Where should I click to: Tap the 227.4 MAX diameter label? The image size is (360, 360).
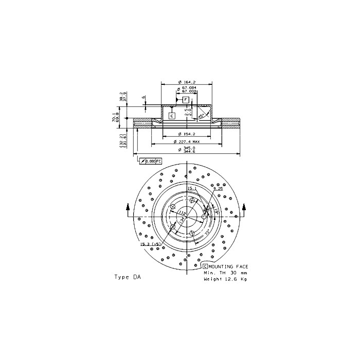pyautogui.click(x=188, y=141)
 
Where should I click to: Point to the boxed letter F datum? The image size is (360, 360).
pyautogui.click(x=186, y=99)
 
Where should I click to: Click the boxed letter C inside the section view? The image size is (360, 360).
pyautogui.click(x=172, y=115)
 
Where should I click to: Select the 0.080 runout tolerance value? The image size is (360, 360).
pyautogui.click(x=150, y=161)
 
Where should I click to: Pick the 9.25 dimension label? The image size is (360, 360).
pyautogui.click(x=218, y=189)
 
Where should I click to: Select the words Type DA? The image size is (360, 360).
pyautogui.click(x=127, y=277)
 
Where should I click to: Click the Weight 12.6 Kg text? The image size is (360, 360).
pyautogui.click(x=225, y=279)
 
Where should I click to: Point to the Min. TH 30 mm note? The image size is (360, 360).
pyautogui.click(x=225, y=273)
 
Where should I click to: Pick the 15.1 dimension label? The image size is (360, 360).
pyautogui.click(x=191, y=189)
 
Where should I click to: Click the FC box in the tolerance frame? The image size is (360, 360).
pyautogui.click(x=158, y=161)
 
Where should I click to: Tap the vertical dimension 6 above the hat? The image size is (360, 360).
pyautogui.click(x=145, y=97)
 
